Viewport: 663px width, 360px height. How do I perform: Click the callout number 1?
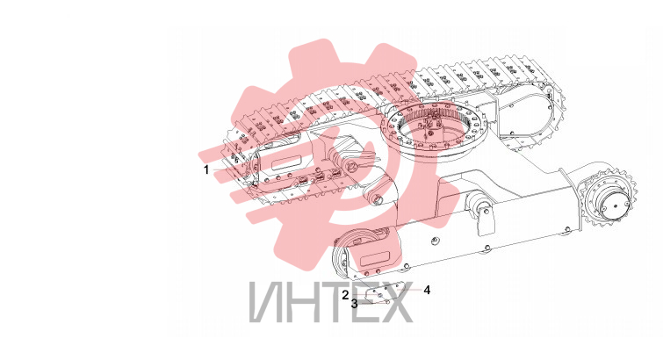click(x=206, y=170)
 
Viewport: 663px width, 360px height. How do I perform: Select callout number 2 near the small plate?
click(x=346, y=294)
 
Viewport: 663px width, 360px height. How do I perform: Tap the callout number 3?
click(x=355, y=304)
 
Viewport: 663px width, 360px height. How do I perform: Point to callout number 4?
click(x=427, y=291)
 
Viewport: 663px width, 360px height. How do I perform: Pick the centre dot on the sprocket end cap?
click(x=616, y=206)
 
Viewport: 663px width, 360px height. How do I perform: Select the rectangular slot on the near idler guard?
click(x=375, y=257)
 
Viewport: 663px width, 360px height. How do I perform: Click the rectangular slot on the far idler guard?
click(x=285, y=162)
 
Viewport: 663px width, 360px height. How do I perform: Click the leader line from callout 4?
click(x=407, y=290)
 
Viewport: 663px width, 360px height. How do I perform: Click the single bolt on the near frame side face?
click(x=433, y=241)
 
